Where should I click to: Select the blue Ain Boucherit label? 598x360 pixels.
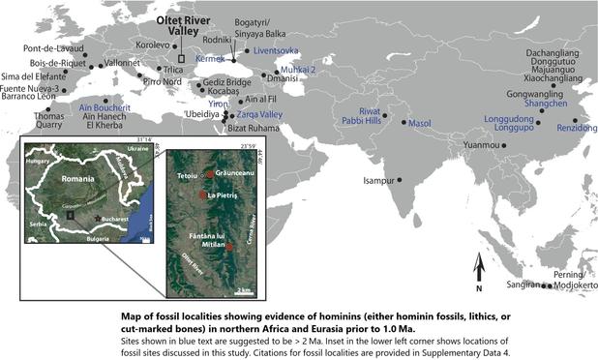tap(104, 108)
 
